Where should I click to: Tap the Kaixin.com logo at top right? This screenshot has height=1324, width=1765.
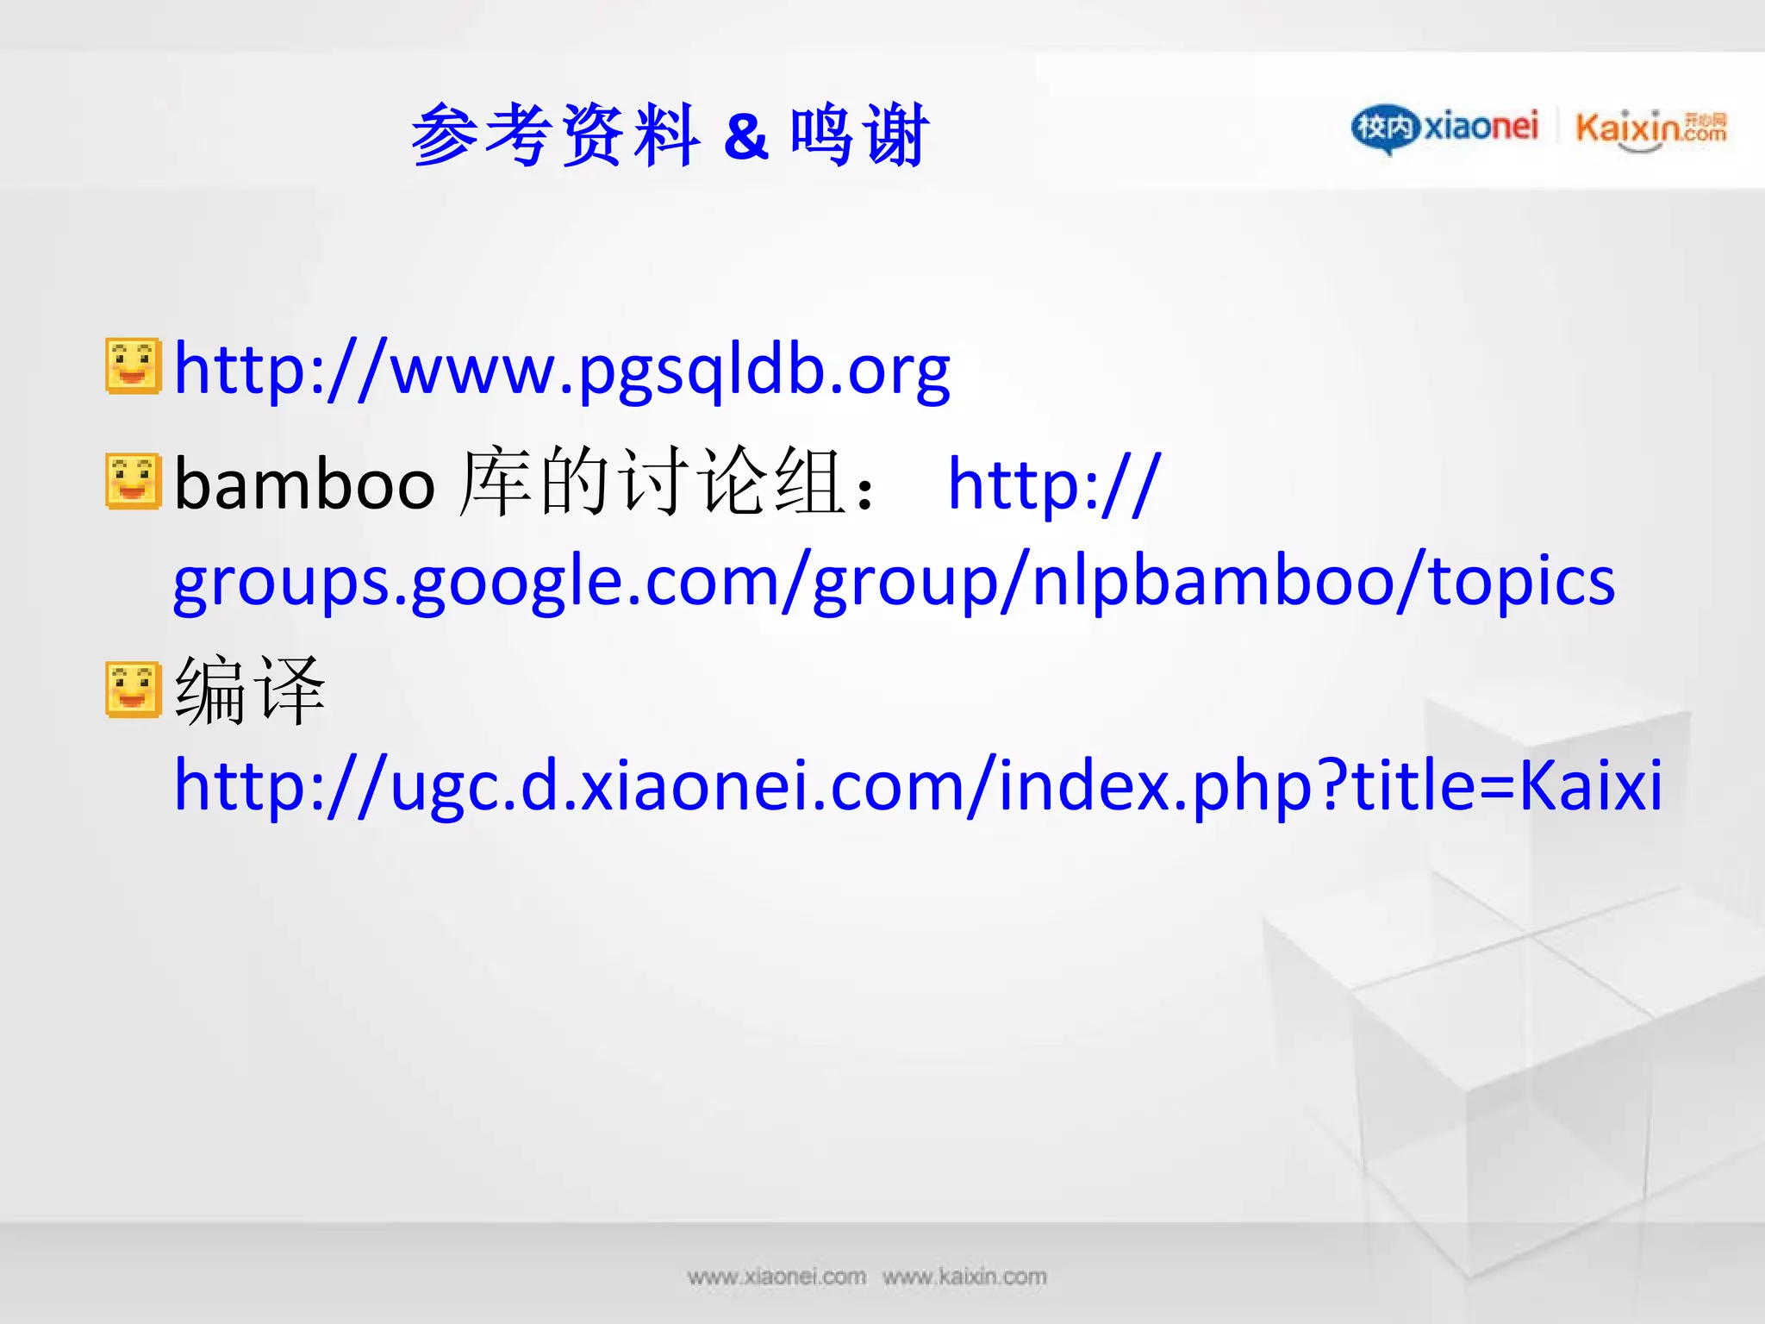click(x=1650, y=129)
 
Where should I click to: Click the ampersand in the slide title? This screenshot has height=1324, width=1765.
click(x=745, y=136)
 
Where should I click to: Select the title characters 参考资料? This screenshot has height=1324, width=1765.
click(x=554, y=134)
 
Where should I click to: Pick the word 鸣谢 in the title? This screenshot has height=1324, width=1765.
click(x=859, y=134)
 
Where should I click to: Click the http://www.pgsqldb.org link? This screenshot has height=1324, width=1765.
click(x=562, y=370)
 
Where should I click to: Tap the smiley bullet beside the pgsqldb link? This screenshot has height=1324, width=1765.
click(x=133, y=366)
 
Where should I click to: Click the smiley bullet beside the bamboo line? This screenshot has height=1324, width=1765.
click(x=133, y=481)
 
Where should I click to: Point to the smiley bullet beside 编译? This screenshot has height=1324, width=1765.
click(x=133, y=690)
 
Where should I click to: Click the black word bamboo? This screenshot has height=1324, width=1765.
click(x=304, y=484)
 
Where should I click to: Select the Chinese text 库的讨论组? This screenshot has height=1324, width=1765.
click(x=651, y=483)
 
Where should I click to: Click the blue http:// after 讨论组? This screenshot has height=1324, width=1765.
click(x=1054, y=484)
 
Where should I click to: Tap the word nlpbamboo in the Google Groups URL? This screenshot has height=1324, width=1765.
click(x=1212, y=581)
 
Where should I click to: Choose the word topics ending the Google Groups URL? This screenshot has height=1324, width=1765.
click(x=1521, y=581)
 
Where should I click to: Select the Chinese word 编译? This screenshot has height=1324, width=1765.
click(x=250, y=690)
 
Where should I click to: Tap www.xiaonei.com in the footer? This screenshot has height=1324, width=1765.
click(x=776, y=1277)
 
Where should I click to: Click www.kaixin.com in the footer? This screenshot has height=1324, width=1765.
click(x=964, y=1277)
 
